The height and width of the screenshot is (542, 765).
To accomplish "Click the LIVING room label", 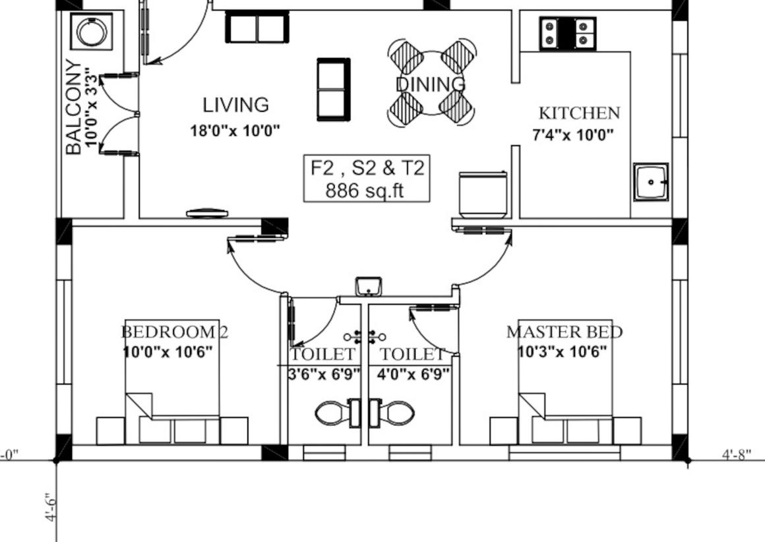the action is click(x=235, y=105).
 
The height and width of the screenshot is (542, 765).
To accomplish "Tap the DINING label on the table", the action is click(x=430, y=84).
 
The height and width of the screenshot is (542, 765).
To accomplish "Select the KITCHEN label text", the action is click(x=579, y=113).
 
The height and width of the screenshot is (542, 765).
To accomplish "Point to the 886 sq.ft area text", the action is click(x=365, y=191).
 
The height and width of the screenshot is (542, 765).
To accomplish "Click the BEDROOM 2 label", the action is click(x=174, y=332).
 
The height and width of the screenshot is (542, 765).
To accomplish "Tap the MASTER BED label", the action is click(x=565, y=332).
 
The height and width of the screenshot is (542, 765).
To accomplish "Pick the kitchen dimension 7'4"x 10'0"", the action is click(x=573, y=135).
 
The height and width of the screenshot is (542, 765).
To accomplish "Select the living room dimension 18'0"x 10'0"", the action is click(x=235, y=131).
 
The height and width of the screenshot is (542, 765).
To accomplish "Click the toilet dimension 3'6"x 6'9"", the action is click(x=324, y=375).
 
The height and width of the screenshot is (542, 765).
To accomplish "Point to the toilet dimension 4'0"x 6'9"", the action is click(x=413, y=375).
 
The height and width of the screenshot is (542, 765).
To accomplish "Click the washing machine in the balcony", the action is click(x=92, y=32).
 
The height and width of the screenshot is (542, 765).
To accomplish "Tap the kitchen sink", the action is click(x=651, y=182).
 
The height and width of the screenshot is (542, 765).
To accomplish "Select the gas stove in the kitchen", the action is click(x=567, y=34).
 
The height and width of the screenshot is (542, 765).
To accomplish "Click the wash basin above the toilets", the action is click(x=369, y=286).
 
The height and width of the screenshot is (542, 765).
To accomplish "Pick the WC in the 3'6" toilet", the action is click(x=337, y=413).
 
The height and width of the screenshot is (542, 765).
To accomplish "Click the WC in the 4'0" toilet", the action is click(x=392, y=413).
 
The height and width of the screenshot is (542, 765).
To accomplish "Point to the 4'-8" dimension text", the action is click(x=737, y=455).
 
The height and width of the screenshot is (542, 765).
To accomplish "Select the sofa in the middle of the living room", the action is click(x=334, y=89).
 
